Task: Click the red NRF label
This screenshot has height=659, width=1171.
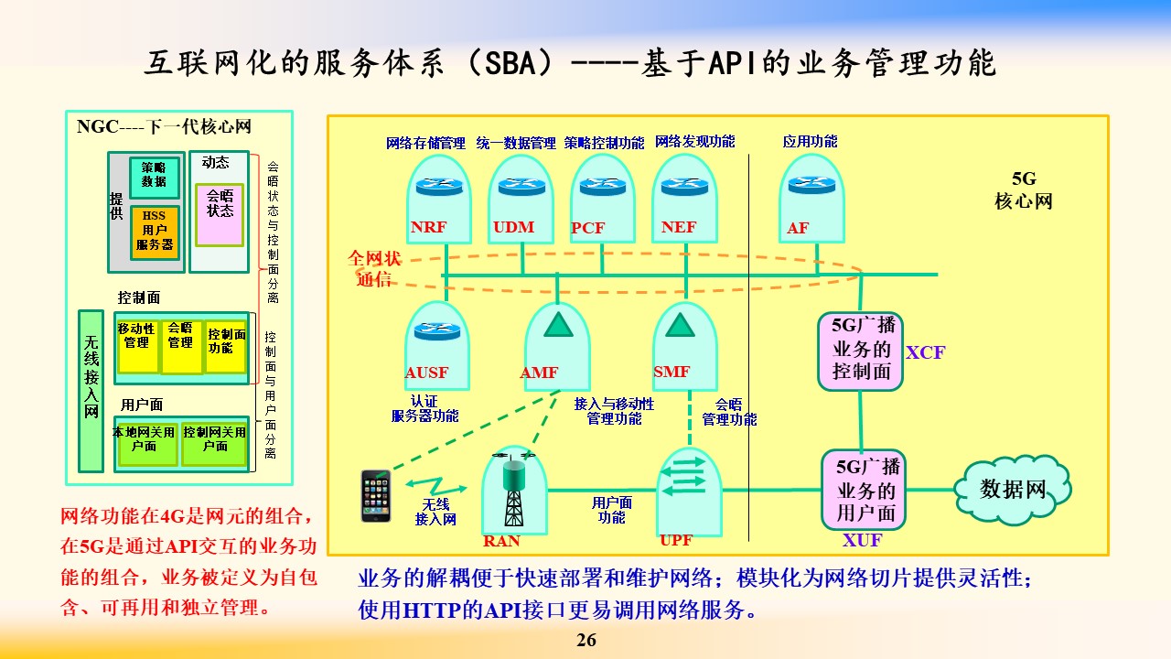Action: (428, 227)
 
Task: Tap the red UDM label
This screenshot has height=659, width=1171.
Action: (514, 227)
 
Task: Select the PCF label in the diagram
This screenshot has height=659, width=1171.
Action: (587, 228)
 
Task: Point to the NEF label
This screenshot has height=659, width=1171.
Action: (679, 227)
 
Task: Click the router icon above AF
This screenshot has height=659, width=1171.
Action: (811, 185)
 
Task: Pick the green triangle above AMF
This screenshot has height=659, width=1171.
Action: (558, 324)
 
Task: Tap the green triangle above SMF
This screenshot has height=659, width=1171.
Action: (680, 324)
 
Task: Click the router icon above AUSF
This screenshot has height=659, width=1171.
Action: (437, 330)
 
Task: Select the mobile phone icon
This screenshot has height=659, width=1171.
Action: (376, 496)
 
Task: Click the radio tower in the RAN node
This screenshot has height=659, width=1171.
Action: (514, 490)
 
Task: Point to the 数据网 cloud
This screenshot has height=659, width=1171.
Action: (1013, 490)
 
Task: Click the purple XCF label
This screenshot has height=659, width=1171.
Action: (925, 352)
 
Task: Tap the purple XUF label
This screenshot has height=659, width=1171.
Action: (862, 540)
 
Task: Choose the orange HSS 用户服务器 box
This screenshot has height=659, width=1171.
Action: (155, 232)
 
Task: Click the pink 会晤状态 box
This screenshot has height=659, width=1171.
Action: (220, 215)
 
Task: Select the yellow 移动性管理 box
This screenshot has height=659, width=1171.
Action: (137, 346)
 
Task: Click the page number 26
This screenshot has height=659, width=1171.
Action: (586, 640)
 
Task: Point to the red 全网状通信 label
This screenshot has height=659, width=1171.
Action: (374, 269)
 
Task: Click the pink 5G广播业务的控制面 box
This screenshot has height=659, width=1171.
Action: (861, 351)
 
